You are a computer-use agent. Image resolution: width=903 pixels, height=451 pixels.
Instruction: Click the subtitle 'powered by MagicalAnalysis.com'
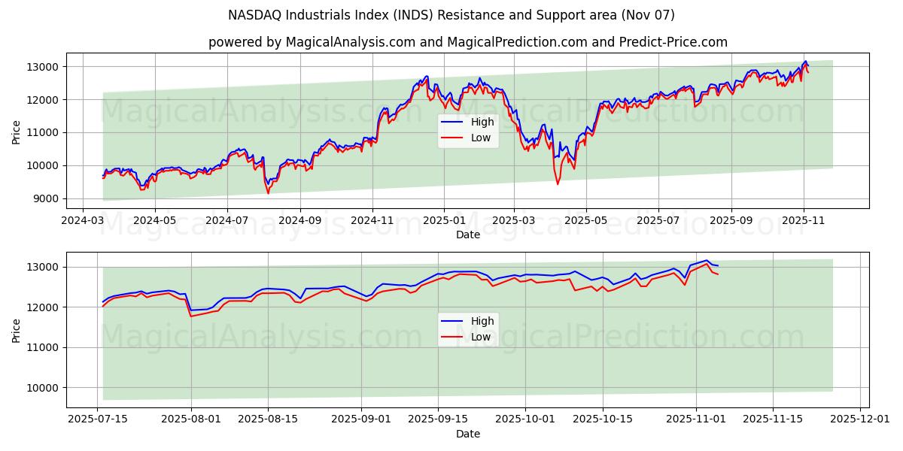[x=467, y=42]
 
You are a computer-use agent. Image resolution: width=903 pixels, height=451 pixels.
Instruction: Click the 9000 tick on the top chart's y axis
[x=47, y=198]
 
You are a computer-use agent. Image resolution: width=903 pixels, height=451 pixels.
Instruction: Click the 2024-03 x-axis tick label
[x=84, y=222]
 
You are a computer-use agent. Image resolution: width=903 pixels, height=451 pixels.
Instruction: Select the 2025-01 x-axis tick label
[x=444, y=222]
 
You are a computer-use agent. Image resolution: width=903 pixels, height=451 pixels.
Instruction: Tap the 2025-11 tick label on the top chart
[x=804, y=222]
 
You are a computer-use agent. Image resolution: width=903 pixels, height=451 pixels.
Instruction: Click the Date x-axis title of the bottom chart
[x=467, y=434]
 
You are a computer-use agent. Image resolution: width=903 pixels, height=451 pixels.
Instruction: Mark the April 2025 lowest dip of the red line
[x=558, y=184]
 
